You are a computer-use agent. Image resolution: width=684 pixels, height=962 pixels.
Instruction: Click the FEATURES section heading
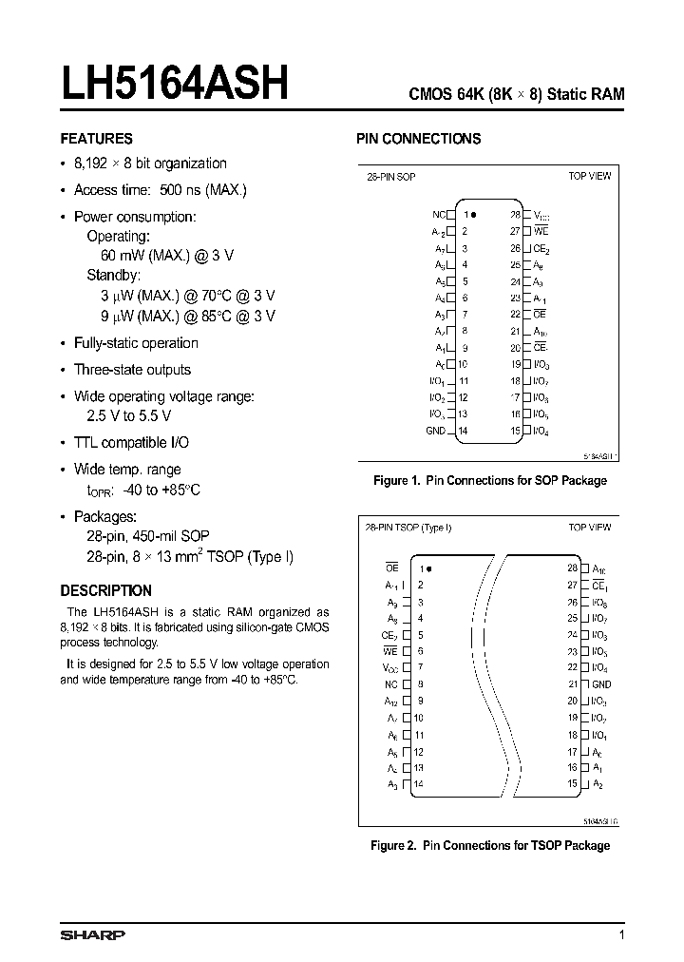(x=96, y=139)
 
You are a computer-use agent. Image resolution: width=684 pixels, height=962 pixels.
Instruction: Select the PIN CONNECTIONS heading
(x=418, y=139)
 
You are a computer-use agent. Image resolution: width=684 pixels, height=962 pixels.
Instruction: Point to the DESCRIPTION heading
(x=105, y=590)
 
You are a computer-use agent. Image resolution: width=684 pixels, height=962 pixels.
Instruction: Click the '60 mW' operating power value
(x=121, y=256)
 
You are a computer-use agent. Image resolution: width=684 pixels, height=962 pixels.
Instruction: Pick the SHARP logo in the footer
(x=92, y=935)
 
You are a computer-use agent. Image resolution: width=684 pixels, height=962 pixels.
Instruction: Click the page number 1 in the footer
(x=621, y=935)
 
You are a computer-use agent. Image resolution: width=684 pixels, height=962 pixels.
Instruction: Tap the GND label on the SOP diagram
(x=435, y=431)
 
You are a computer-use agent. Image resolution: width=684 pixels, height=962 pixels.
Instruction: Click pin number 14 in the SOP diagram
(x=463, y=431)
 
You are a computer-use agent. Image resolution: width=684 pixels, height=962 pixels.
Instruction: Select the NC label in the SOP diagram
(x=439, y=216)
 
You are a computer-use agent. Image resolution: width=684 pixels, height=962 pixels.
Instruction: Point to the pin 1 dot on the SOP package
(x=473, y=216)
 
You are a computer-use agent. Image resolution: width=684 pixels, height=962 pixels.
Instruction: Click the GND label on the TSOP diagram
(x=601, y=684)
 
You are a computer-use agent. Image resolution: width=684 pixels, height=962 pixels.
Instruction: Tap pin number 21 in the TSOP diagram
(x=573, y=684)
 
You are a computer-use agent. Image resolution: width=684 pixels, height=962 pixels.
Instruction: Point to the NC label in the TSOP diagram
(x=391, y=684)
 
